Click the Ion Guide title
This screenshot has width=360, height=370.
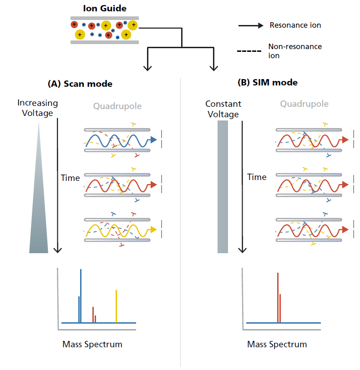pos(105,8)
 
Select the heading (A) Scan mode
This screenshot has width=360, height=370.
pos(80,84)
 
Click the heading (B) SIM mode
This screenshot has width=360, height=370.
pos(268,82)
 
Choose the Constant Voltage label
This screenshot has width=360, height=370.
pos(223,109)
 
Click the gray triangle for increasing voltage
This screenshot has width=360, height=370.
pos(39,214)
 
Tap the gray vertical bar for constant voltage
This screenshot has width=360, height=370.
pos(223,186)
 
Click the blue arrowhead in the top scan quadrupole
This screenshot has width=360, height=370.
pos(154,140)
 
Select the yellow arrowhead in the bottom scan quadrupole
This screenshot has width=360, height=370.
pos(153,230)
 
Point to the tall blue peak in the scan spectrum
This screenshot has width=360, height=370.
pos(81,295)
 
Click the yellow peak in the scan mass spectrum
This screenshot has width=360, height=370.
pos(117,306)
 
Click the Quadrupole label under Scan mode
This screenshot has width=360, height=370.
pos(117,106)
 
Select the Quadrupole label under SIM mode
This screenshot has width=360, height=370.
pos(304,104)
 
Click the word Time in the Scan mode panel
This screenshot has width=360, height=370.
pos(71,178)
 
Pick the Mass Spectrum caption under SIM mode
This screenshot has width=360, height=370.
pos(277,344)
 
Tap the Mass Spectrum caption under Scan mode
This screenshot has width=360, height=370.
pos(92,344)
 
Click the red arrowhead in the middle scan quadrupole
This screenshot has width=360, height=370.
pos(154,184)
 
